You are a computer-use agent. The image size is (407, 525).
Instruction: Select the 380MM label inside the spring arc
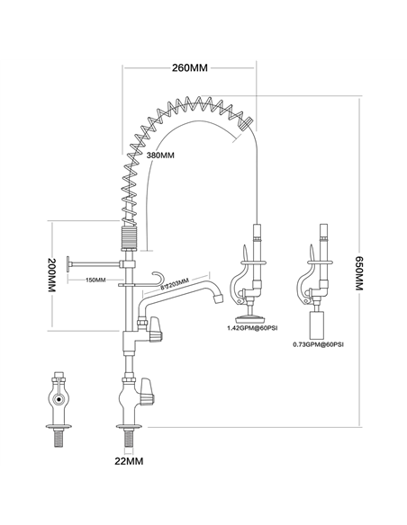click(x=160, y=156)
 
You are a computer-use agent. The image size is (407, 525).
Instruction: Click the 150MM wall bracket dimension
click(x=95, y=280)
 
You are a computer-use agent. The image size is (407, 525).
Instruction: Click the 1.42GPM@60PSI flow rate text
click(x=250, y=330)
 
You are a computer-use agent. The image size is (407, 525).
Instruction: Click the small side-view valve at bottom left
click(x=60, y=400)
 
